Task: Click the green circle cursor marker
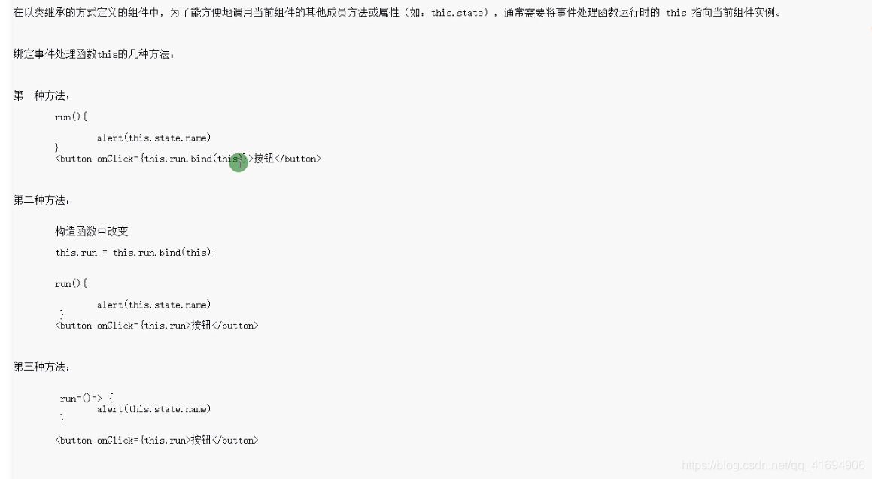click(239, 162)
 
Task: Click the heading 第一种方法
click(41, 95)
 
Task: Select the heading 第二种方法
click(41, 200)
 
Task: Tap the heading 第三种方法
click(41, 367)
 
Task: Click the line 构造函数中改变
click(92, 231)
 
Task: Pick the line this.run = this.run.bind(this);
click(135, 253)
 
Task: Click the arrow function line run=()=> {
click(87, 399)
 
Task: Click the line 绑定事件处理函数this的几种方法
click(94, 54)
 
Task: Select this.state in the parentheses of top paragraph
click(458, 13)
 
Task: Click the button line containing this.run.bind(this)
click(188, 159)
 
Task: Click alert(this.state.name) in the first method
click(153, 138)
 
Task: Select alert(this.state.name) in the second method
click(153, 305)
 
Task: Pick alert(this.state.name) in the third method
click(153, 409)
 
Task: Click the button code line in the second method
click(156, 326)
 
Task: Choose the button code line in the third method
click(156, 440)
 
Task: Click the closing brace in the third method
click(62, 418)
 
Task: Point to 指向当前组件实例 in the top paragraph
click(736, 13)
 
